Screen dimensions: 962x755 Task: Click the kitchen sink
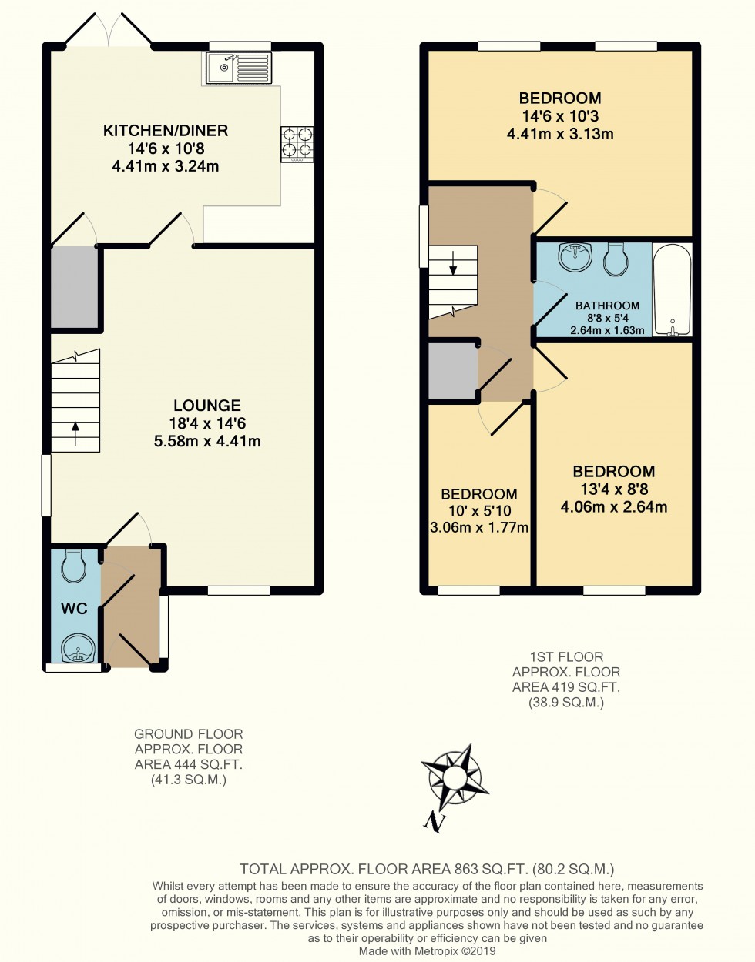239,68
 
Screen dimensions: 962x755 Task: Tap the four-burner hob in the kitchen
297,143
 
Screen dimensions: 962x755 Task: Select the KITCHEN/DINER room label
166,130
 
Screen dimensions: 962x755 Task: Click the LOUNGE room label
206,406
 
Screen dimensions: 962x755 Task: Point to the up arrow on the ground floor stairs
75,433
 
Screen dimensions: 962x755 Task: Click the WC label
74,609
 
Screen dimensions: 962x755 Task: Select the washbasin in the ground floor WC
76,648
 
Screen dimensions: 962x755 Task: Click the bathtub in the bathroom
673,290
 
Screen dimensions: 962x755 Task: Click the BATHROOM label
607,306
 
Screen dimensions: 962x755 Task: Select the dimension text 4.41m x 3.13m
560,134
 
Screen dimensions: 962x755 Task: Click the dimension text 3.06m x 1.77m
479,527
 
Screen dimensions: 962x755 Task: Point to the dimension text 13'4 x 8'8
613,489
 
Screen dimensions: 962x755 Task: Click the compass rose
455,777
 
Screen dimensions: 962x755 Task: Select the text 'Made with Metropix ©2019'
427,951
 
